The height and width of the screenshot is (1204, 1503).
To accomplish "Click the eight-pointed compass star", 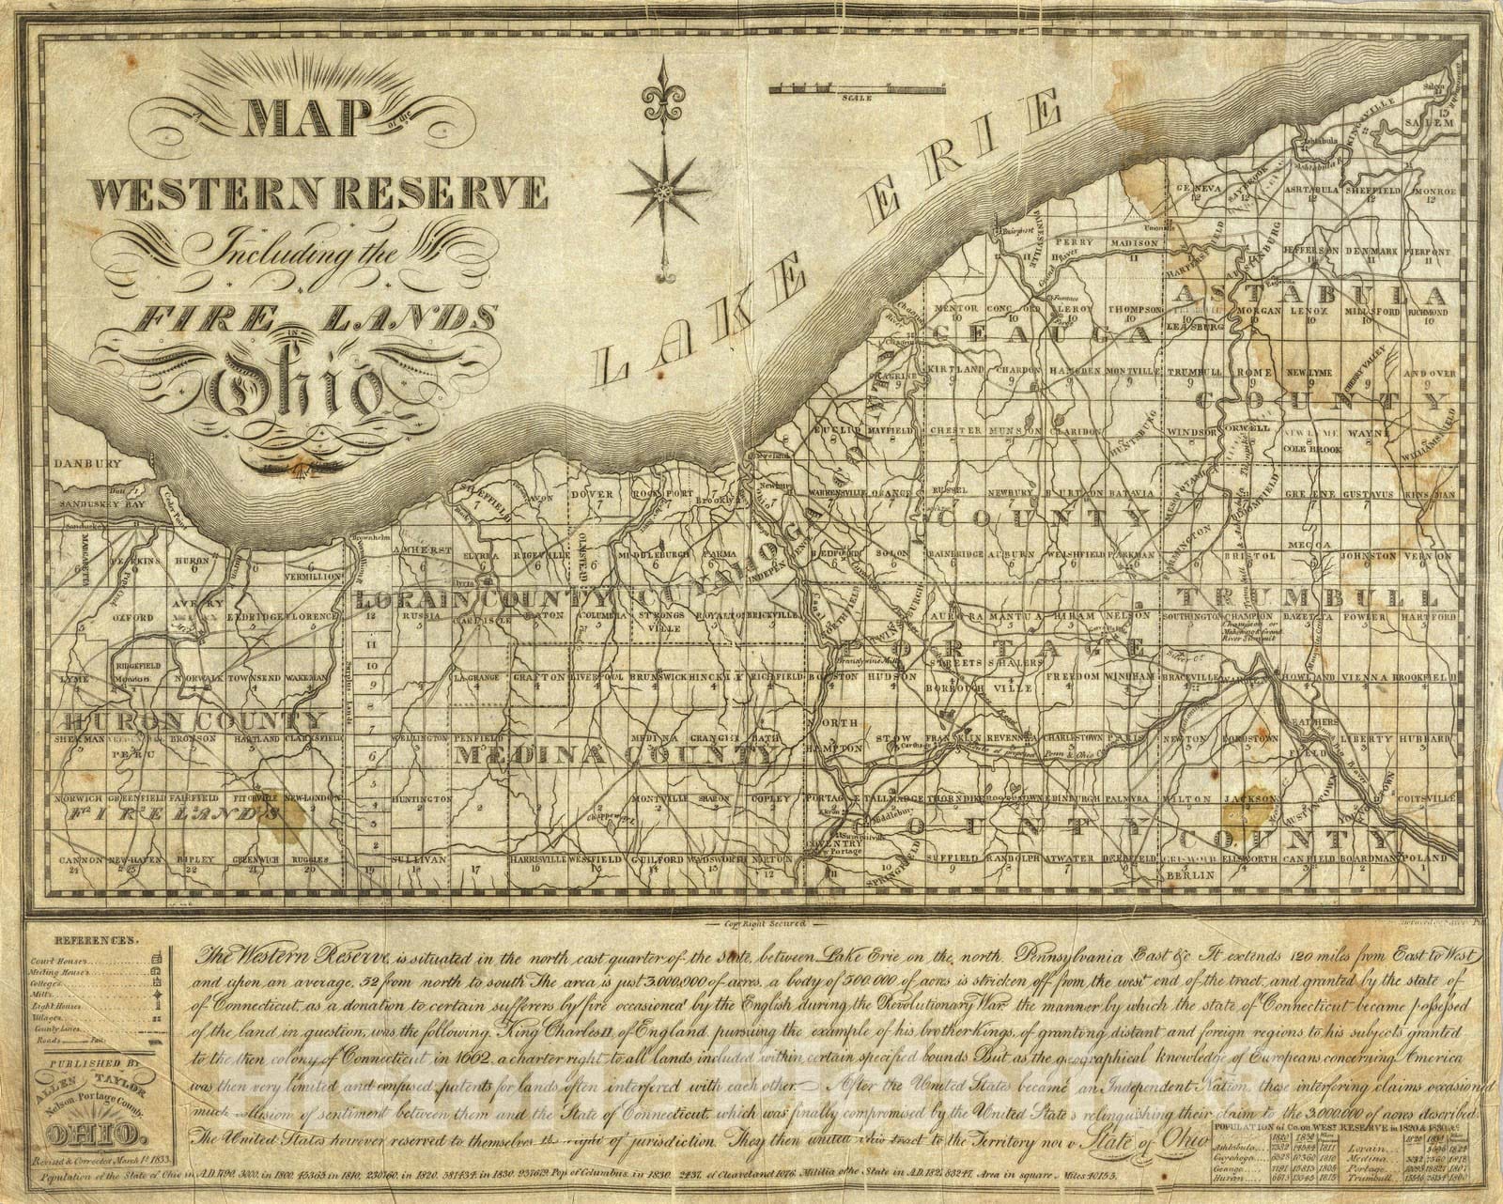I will (x=664, y=193).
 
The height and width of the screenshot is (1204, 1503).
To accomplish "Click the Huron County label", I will (x=193, y=721).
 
